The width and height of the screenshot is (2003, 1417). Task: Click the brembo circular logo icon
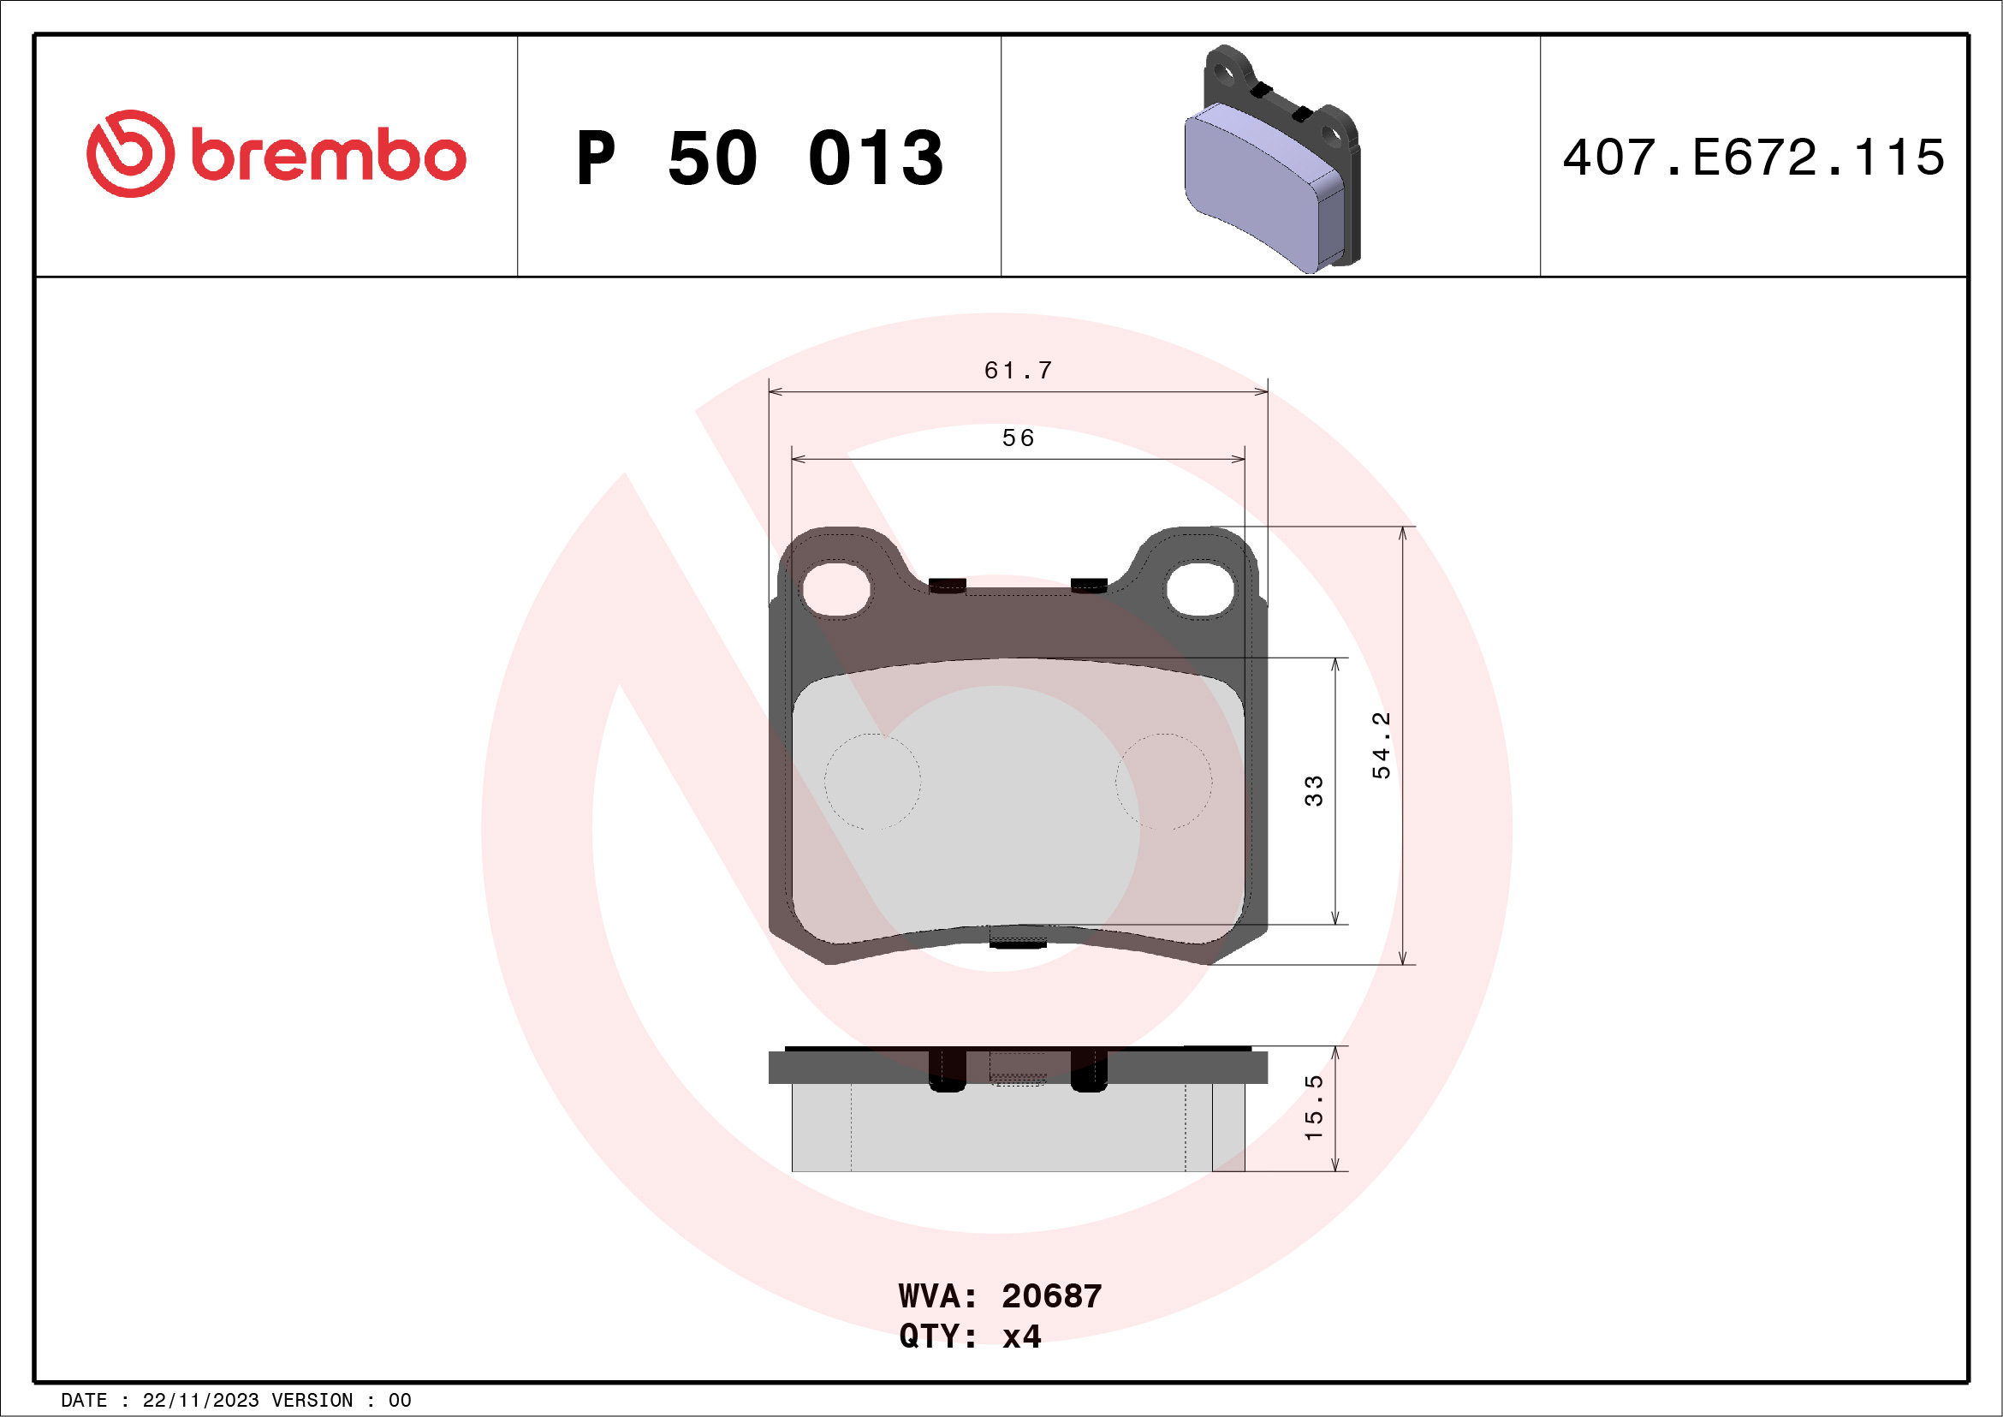point(130,153)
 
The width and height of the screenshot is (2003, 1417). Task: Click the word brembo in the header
point(328,156)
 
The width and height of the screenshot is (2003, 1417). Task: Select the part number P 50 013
point(759,158)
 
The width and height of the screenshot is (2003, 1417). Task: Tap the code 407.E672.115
point(1754,158)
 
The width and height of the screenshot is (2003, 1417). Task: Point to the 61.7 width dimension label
point(1018,371)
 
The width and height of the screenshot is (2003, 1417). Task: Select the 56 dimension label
point(1018,438)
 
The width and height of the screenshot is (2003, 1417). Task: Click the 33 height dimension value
point(1313,790)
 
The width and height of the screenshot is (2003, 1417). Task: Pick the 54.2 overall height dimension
point(1381,745)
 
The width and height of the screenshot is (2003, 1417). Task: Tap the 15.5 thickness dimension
point(1313,1107)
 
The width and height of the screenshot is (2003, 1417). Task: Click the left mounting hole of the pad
point(835,589)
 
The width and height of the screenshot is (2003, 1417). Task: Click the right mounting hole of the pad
point(1200,589)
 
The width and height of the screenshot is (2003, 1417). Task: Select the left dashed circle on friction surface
point(872,781)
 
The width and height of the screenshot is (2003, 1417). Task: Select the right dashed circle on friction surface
point(1164,781)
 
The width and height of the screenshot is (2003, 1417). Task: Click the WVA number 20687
point(1051,1296)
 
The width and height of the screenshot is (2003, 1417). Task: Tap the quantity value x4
point(1021,1337)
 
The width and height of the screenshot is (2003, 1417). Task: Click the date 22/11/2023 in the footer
point(200,1401)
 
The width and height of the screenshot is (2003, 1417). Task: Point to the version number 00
point(400,1401)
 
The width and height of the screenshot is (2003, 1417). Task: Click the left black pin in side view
point(948,1069)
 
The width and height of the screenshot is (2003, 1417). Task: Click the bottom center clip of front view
point(1018,938)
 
